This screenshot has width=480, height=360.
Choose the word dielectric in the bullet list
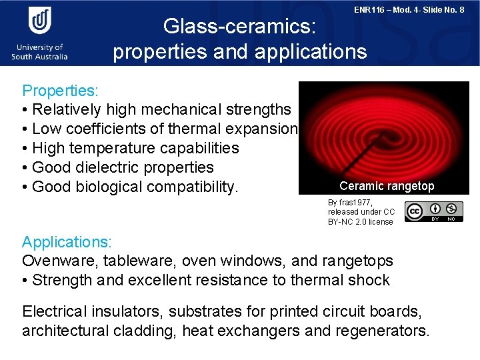(x=107, y=167)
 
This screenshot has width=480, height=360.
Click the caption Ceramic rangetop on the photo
(x=387, y=186)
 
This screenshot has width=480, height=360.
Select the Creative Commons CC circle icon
(x=413, y=211)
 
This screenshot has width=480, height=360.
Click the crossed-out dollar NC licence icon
(x=451, y=209)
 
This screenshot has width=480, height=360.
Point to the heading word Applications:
(x=67, y=241)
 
